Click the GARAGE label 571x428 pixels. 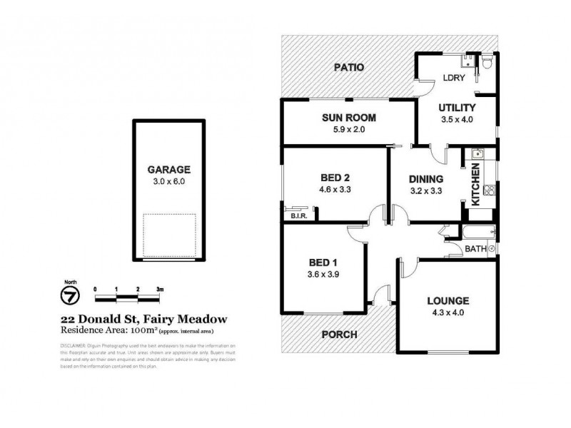168,170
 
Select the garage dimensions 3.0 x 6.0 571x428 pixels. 168,181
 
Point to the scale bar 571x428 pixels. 128,295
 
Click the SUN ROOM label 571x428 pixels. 348,118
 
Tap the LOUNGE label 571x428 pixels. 448,300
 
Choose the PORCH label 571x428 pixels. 339,334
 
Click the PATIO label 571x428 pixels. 350,68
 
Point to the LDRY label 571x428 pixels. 450,77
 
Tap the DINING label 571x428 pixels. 426,179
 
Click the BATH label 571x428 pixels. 475,248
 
